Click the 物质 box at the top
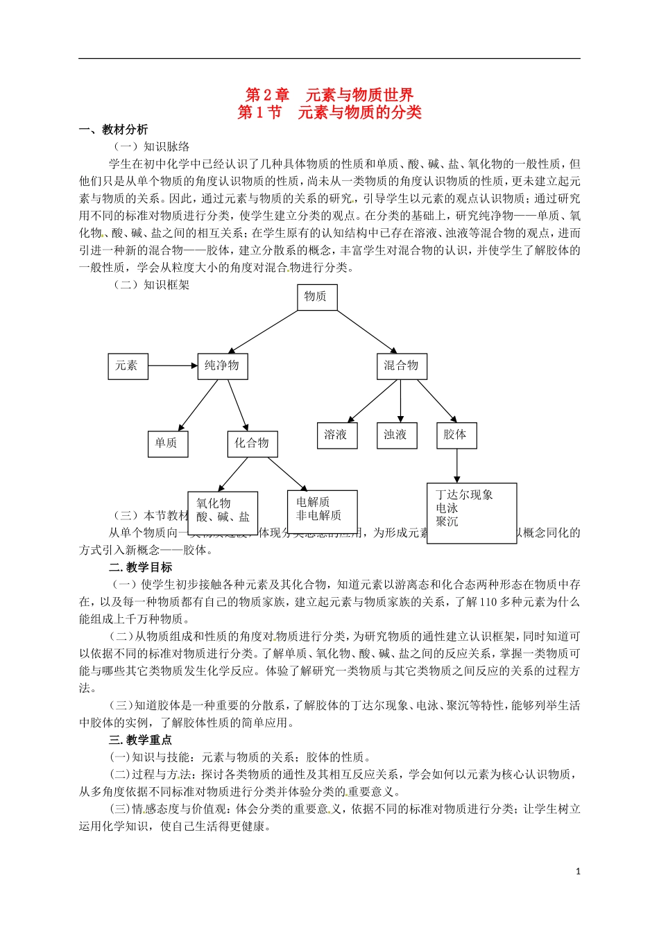click(x=316, y=297)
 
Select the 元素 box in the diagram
click(x=128, y=365)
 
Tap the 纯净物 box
click(x=222, y=365)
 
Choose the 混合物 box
click(x=401, y=365)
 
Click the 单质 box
click(x=166, y=443)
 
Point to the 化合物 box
click(x=251, y=443)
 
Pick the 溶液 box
click(x=336, y=435)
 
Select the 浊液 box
click(x=395, y=435)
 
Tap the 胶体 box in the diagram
click(x=456, y=435)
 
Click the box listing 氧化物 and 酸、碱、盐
click(x=223, y=512)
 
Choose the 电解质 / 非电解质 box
click(x=322, y=511)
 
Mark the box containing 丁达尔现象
click(x=471, y=512)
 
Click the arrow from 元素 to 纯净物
click(x=173, y=365)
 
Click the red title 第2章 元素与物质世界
click(x=329, y=95)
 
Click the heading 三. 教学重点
click(x=140, y=740)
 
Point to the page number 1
click(x=578, y=872)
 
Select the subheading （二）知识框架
click(x=151, y=285)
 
